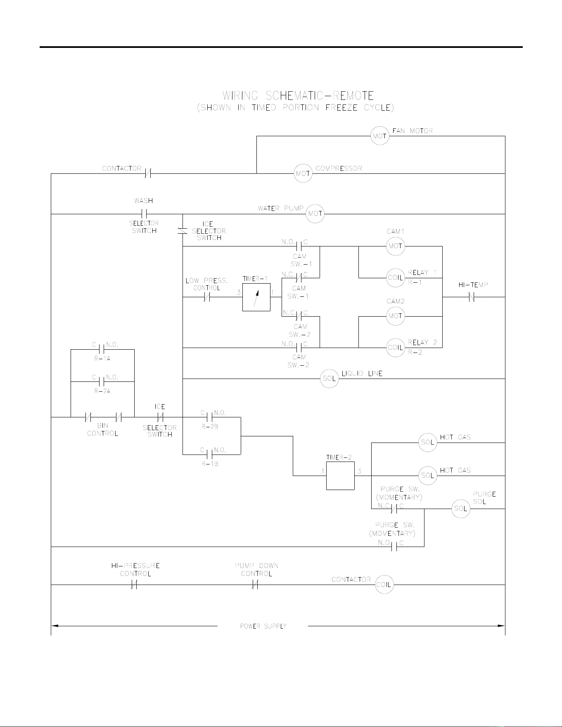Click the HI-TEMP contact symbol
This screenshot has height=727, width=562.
coord(473,297)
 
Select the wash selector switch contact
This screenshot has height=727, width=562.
coord(144,214)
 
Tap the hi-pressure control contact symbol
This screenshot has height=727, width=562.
coord(134,585)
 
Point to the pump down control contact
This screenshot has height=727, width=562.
coord(255,585)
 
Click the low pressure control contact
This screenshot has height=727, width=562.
coord(207,297)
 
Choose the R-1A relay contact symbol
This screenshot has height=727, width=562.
coord(102,350)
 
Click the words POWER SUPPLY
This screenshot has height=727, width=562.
coord(263,626)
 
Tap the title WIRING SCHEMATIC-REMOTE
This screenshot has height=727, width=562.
coord(298,96)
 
